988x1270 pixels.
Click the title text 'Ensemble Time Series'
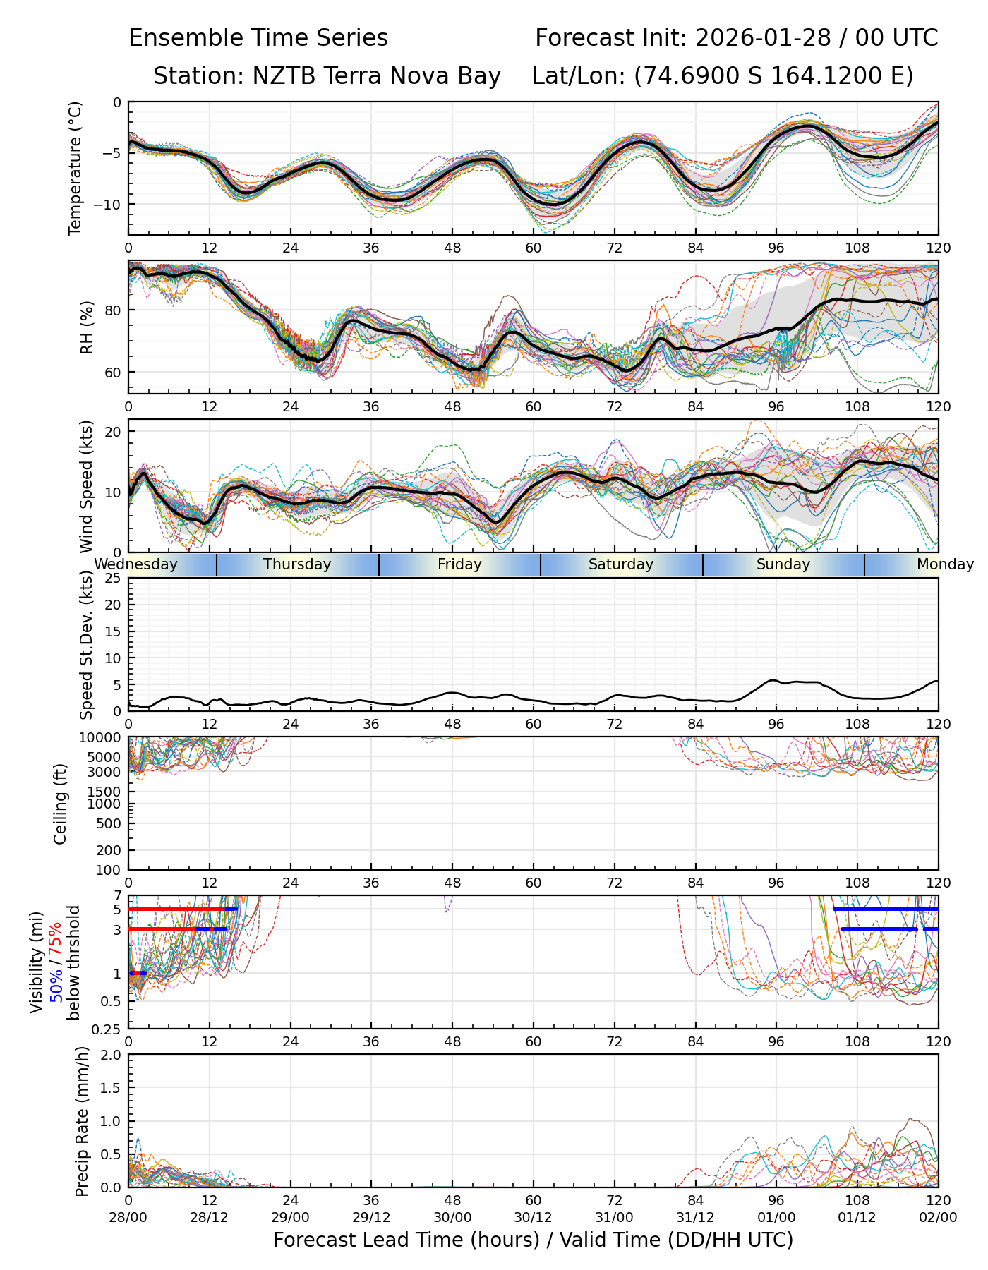tap(258, 38)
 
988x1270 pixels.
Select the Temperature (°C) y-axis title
tap(76, 168)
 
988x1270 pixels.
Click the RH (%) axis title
tap(87, 327)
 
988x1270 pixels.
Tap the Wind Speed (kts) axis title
tap(87, 486)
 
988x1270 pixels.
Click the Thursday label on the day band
tap(297, 564)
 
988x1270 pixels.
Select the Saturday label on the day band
tap(621, 564)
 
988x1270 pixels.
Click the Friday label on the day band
tap(459, 564)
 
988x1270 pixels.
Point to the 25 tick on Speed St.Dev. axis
tap(113, 579)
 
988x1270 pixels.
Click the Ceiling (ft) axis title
tap(61, 804)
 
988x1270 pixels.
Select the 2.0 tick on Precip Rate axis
tap(112, 1055)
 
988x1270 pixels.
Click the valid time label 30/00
tap(452, 1218)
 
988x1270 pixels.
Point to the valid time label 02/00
tap(938, 1218)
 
